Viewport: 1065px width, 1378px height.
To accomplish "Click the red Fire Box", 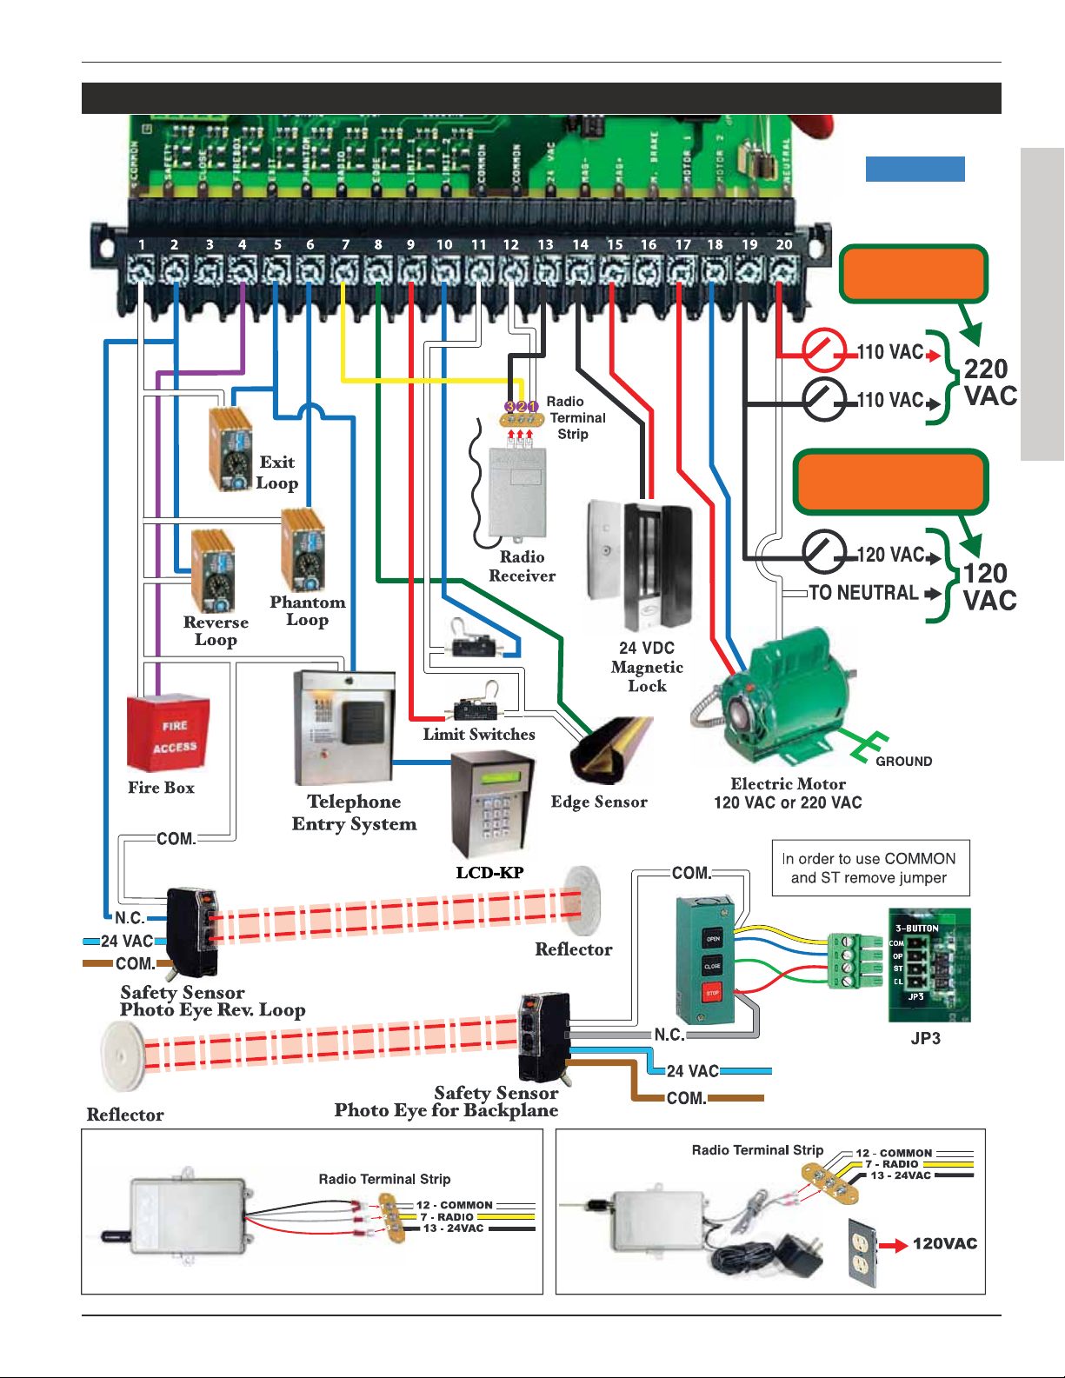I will [169, 732].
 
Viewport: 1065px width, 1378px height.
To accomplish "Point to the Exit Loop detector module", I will [231, 449].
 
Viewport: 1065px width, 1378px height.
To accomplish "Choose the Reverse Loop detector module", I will [213, 571].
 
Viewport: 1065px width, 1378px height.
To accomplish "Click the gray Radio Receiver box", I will [518, 492].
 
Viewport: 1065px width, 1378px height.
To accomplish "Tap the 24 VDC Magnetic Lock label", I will [647, 667].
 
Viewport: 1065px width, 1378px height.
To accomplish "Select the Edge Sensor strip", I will [609, 748].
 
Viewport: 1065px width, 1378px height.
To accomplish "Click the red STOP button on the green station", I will [712, 992].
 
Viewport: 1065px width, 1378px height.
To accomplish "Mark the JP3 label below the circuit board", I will [925, 1038].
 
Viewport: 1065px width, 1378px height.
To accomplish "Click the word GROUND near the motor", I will [903, 762].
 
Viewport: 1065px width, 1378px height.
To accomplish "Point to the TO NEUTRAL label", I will [863, 593].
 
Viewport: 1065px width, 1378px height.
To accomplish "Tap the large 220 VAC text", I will [989, 383].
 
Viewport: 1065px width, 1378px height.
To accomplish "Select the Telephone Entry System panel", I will [345, 729].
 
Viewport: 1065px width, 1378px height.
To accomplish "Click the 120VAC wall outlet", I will [862, 1251].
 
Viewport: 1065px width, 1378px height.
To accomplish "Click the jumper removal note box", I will [870, 868].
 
